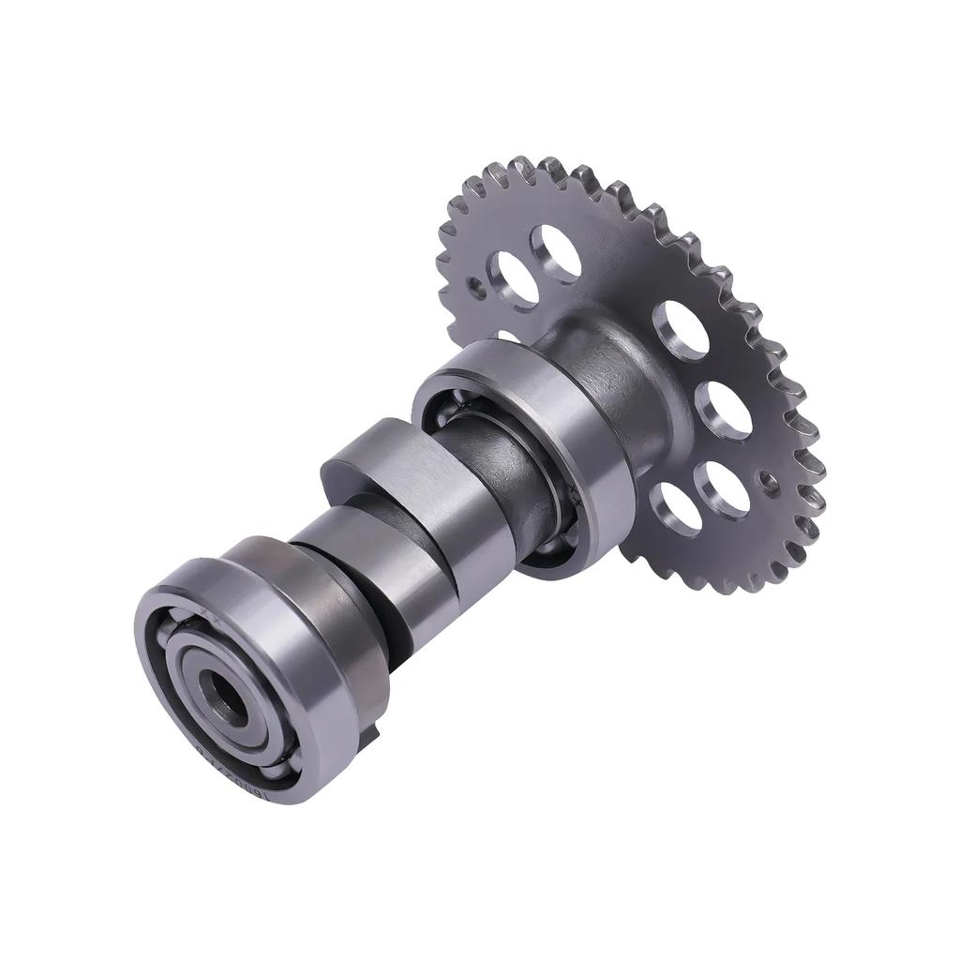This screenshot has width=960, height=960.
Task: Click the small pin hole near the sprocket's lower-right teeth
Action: (x=770, y=483)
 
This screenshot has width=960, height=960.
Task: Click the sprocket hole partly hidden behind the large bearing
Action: (x=506, y=335)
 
